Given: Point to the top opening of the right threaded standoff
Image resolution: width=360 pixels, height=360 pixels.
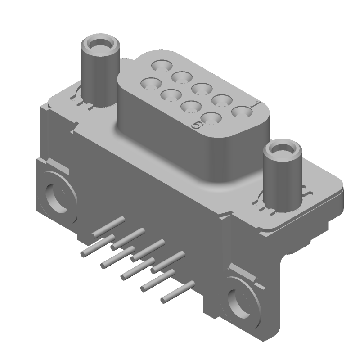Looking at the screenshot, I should tap(282, 149).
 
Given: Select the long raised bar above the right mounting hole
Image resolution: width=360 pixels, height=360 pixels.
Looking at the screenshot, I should tap(243, 273).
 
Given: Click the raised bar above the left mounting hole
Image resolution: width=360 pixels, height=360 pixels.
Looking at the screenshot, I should tap(58, 166).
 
